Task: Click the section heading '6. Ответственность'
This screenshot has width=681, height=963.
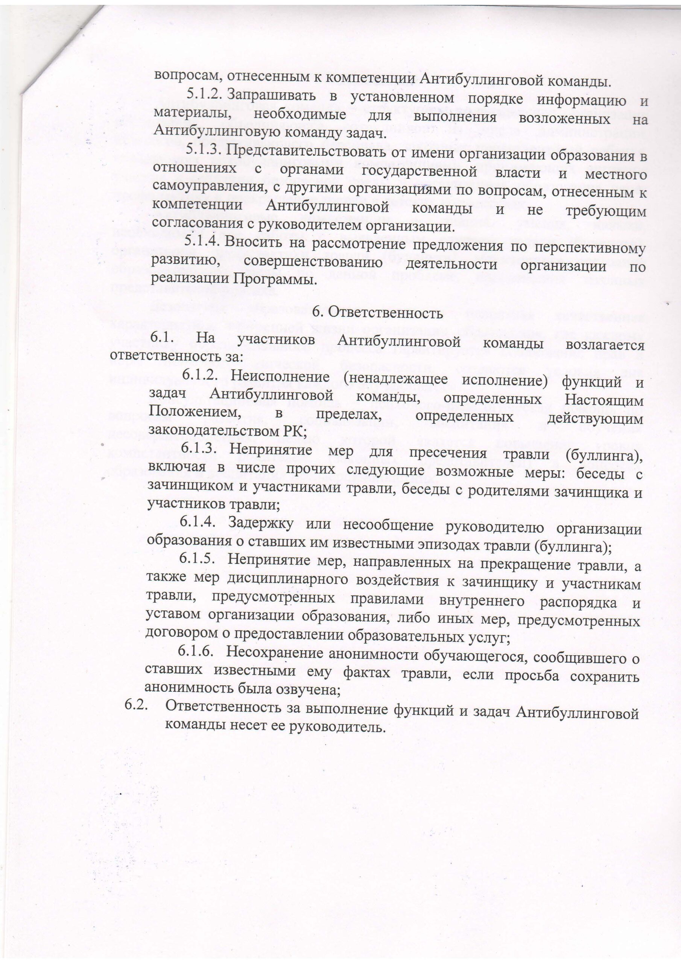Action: point(378,313)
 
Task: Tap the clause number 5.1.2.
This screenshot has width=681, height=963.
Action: point(204,95)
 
